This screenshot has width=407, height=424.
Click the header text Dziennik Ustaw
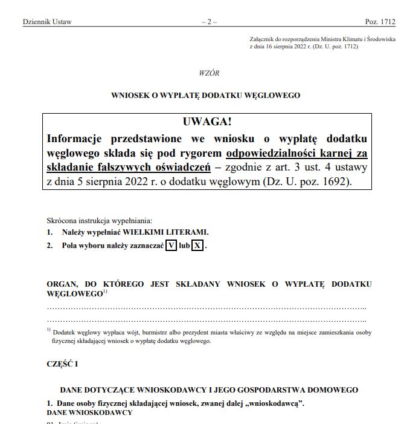pos(47,22)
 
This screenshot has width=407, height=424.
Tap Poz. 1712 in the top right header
pos(380,22)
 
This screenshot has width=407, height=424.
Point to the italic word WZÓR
pos(209,73)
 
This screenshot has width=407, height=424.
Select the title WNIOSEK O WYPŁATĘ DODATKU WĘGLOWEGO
pos(205,95)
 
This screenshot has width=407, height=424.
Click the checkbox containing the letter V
pos(171,246)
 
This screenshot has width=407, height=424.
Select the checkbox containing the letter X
pos(197,246)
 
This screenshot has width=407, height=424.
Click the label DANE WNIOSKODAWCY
pos(89,412)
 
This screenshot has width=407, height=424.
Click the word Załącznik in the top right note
pos(263,39)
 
